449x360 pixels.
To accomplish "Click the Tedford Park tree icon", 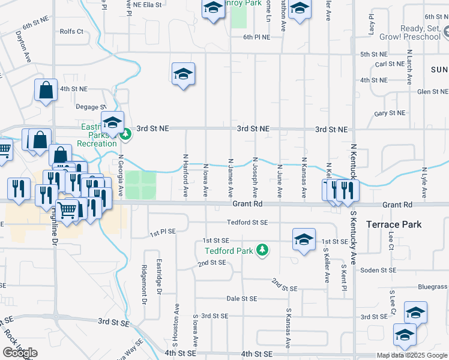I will coord(262,250).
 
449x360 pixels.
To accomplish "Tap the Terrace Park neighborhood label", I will coord(394,224).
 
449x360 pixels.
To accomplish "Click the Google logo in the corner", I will coord(20,353).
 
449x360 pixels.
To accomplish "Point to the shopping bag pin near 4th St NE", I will coord(46,91).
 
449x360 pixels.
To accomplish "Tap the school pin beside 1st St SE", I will coord(304,239).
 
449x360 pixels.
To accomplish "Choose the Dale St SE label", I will coord(241,298).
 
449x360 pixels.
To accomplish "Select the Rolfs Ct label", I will coord(71,32).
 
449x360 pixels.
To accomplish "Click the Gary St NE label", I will coord(389,113).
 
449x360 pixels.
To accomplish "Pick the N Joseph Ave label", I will coord(255,178).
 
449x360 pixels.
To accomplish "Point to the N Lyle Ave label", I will coord(424,182).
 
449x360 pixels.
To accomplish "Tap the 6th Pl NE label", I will coord(256,37).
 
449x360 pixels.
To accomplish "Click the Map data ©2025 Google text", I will coord(412,355).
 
